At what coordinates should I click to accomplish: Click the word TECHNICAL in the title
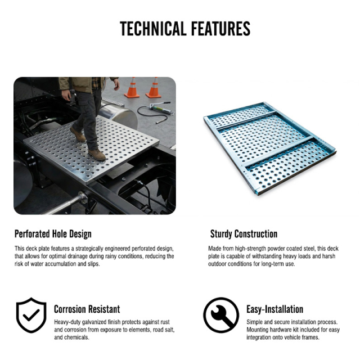click(x=153, y=29)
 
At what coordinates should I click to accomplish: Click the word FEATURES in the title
click(x=220, y=29)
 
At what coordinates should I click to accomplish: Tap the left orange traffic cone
click(x=132, y=88)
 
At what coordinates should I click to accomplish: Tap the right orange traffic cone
click(x=154, y=88)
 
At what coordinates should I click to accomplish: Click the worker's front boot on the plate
click(x=97, y=155)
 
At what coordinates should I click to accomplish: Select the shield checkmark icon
click(x=31, y=315)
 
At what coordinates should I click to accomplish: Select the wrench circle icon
click(x=221, y=315)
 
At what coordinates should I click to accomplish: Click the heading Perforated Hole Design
click(x=53, y=234)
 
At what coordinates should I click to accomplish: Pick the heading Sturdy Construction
click(x=244, y=234)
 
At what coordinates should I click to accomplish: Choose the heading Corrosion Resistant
click(x=87, y=309)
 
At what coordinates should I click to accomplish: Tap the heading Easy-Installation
click(x=275, y=309)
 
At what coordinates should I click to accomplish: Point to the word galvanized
click(x=94, y=322)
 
